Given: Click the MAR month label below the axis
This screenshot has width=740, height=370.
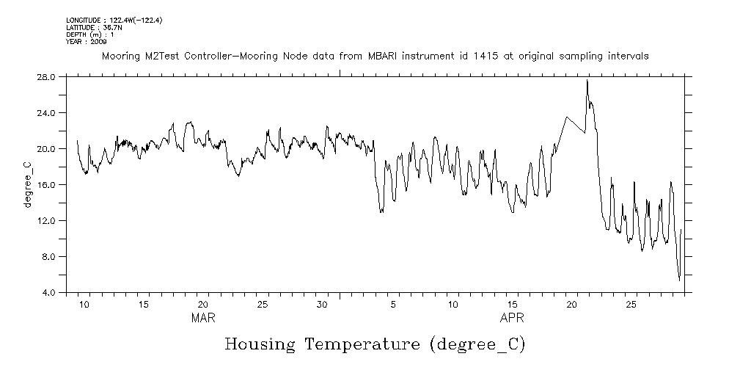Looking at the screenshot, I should tap(203, 319).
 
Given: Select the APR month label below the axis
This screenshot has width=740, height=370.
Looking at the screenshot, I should tap(512, 319).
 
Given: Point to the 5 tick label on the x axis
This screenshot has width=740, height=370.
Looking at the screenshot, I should tap(394, 304).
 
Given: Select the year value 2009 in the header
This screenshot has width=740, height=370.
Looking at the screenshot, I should tap(99, 42).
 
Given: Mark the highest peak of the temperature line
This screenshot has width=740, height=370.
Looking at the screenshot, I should tap(587, 80).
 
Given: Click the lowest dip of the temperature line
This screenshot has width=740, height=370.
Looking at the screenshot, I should tap(679, 280).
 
